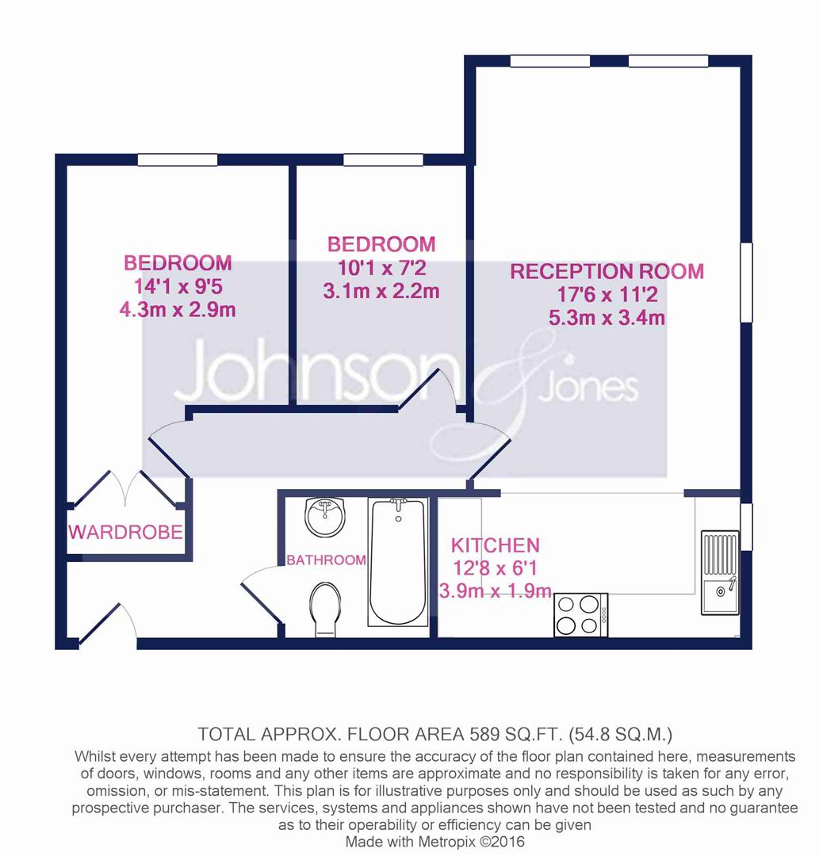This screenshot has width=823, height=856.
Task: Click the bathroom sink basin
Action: click(325, 517)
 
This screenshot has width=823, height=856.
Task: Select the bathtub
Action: click(398, 562)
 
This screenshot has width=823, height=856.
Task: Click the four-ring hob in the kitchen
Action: click(581, 615)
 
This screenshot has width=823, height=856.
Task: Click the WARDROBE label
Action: click(125, 532)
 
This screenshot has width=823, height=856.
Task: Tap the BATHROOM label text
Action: click(326, 560)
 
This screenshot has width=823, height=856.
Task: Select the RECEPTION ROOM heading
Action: click(607, 271)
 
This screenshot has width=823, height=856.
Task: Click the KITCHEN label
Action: click(496, 545)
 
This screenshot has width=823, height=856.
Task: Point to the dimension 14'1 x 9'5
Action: click(178, 286)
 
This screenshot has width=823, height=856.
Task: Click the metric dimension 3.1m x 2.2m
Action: click(381, 290)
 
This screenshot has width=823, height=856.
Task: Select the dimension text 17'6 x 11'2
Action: click(607, 295)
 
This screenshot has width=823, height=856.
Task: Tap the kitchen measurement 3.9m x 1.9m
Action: click(496, 590)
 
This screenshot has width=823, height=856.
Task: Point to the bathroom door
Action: click(261, 594)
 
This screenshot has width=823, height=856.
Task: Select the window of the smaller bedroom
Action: click(384, 159)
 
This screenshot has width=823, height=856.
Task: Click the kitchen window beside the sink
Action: click(746, 526)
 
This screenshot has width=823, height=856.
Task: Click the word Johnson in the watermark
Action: click(315, 372)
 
